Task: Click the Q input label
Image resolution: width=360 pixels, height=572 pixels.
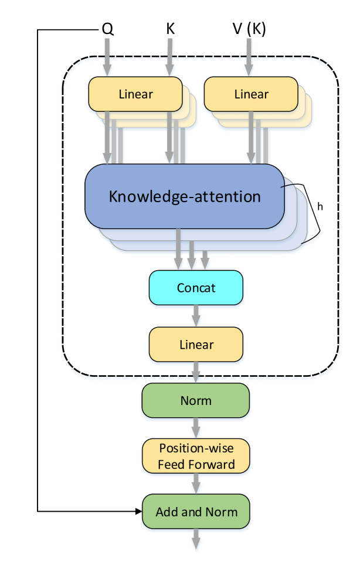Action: (108, 29)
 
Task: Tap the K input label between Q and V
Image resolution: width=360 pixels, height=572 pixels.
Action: (170, 29)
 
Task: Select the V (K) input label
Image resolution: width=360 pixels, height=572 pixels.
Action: (249, 29)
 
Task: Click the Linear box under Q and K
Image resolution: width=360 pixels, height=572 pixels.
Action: (135, 94)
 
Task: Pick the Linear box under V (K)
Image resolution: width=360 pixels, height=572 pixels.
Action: (251, 94)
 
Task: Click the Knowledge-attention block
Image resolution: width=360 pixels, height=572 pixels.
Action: (185, 196)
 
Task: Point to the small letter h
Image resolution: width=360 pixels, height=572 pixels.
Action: (320, 206)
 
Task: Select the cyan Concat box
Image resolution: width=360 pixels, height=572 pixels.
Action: (196, 288)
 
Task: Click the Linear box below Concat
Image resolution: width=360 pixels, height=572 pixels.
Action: (196, 345)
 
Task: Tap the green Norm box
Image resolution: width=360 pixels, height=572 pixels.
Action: (196, 400)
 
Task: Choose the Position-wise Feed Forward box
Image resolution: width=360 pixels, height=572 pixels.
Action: (196, 456)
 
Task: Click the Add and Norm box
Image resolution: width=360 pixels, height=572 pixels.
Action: (196, 512)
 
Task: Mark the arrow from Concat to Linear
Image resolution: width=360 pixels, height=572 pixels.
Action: (196, 316)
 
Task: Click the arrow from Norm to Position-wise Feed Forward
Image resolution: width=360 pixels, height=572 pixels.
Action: (196, 428)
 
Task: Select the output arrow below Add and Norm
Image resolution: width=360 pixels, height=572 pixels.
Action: (196, 539)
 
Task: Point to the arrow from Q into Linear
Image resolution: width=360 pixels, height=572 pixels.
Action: (107, 57)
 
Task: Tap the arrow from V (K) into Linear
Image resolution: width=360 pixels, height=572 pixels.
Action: (249, 57)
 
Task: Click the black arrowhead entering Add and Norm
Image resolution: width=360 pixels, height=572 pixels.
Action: (139, 512)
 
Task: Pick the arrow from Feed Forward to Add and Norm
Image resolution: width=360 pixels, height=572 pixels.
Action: (196, 484)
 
